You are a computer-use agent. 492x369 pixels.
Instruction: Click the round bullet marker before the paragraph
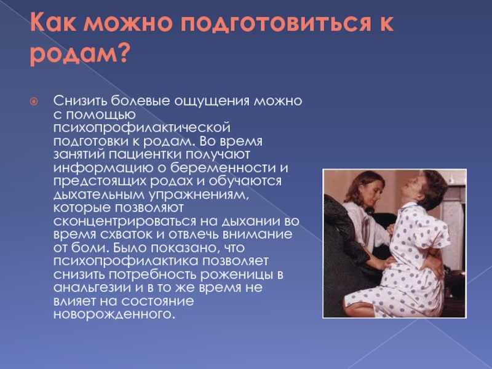point(34,101)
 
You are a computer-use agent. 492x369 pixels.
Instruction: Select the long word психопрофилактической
point(142,129)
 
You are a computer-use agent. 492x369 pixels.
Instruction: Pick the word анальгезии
point(92,288)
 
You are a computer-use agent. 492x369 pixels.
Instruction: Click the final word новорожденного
point(114,314)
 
